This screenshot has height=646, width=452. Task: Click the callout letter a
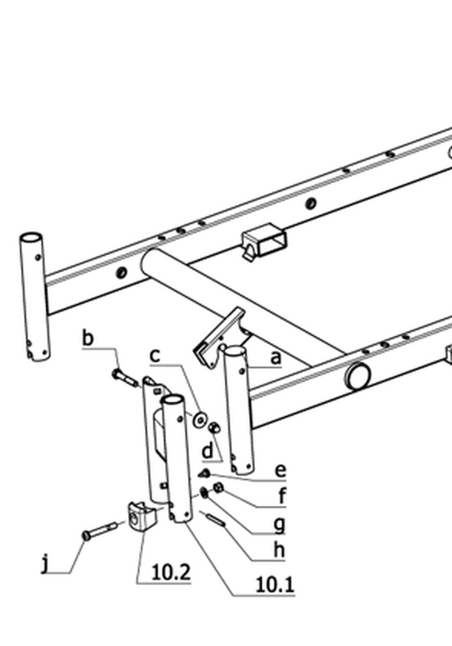pyautogui.click(x=276, y=358)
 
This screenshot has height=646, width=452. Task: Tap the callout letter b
pyautogui.click(x=88, y=338)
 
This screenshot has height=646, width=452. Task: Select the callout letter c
pyautogui.click(x=155, y=355)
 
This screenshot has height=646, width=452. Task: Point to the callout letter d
pyautogui.click(x=208, y=450)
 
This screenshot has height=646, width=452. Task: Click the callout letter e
pyautogui.click(x=280, y=470)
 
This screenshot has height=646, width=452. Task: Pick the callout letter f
pyautogui.click(x=282, y=495)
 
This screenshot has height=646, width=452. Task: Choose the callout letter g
pyautogui.click(x=280, y=525)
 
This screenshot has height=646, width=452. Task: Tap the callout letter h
pyautogui.click(x=280, y=549)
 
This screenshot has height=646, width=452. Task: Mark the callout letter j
pyautogui.click(x=45, y=564)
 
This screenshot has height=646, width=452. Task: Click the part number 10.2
pyautogui.click(x=171, y=572)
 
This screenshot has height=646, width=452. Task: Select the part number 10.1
pyautogui.click(x=275, y=585)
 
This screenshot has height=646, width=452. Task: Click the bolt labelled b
pyautogui.click(x=125, y=377)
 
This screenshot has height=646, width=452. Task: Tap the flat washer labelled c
pyautogui.click(x=200, y=420)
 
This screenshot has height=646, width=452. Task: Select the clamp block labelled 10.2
pyautogui.click(x=142, y=515)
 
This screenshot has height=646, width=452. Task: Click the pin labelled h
pyautogui.click(x=215, y=519)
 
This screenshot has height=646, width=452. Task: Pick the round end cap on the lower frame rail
pyautogui.click(x=359, y=376)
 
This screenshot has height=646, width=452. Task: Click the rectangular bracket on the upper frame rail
pyautogui.click(x=264, y=241)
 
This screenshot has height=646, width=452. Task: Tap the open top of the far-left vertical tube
pyautogui.click(x=31, y=238)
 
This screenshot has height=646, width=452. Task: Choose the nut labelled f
pyautogui.click(x=218, y=488)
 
